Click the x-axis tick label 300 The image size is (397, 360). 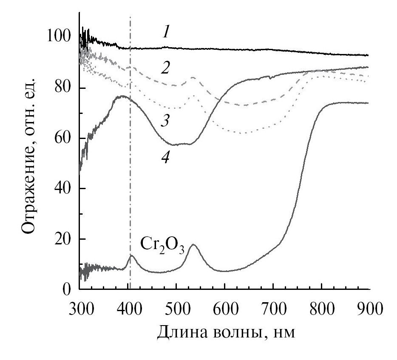pyautogui.click(x=79, y=307)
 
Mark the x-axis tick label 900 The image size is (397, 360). pyautogui.click(x=368, y=307)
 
